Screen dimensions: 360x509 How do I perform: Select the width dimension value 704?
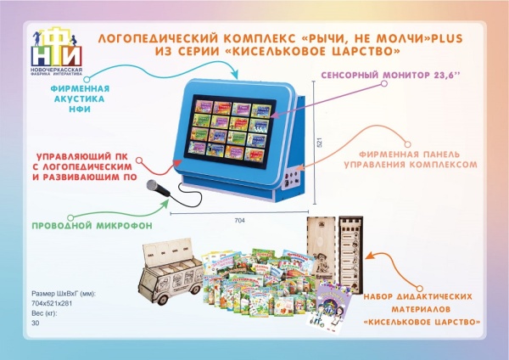[239, 220]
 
